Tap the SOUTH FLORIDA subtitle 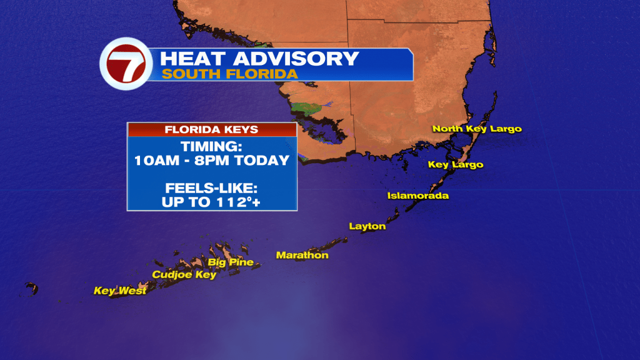229,74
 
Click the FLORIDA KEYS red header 211,130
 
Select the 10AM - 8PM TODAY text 211,161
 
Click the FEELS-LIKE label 211,187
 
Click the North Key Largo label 477,129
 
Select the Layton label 367,226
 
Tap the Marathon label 302,255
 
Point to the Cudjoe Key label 184,274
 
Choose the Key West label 120,291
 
